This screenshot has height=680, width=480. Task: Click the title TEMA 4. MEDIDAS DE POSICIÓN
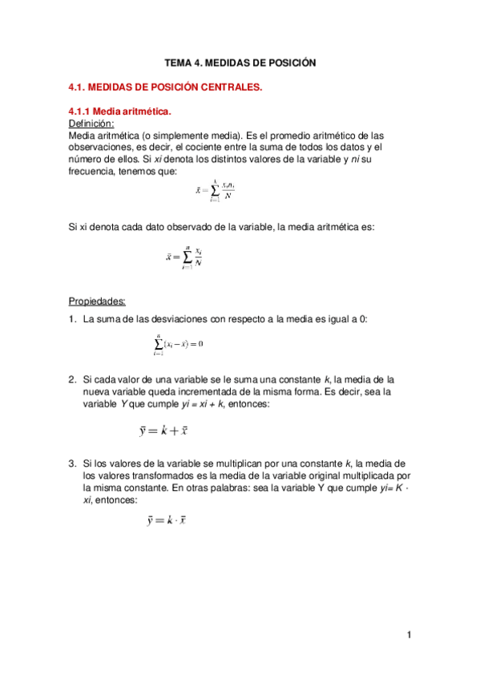240,62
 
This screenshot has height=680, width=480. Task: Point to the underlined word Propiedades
97,302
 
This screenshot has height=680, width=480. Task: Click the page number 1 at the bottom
409,635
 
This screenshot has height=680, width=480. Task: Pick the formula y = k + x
163,431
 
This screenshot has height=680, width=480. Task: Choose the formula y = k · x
166,520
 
